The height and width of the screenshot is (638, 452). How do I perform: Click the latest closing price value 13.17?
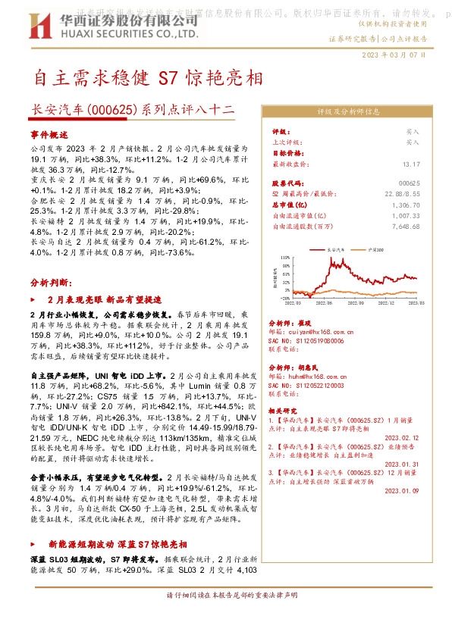click(411, 164)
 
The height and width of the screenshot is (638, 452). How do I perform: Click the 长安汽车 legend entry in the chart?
click(335, 249)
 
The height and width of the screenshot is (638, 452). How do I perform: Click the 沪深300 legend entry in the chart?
click(374, 249)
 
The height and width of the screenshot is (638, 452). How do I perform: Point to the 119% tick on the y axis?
click(286, 258)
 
